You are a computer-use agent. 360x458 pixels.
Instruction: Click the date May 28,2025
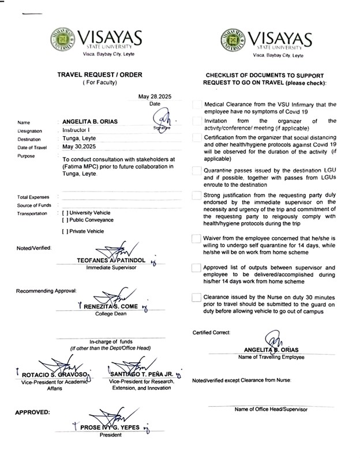pyautogui.click(x=155, y=96)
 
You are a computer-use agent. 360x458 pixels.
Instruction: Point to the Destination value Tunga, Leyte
pyautogui.click(x=80, y=139)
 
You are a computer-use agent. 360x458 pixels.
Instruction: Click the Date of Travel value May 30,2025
pyautogui.click(x=81, y=147)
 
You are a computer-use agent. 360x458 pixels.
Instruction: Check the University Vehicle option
pyautogui.click(x=65, y=213)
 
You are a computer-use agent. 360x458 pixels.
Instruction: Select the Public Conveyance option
pyautogui.click(x=65, y=220)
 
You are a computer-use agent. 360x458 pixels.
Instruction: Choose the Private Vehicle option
pyautogui.click(x=65, y=231)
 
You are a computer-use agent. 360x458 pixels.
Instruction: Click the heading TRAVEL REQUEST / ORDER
pyautogui.click(x=99, y=75)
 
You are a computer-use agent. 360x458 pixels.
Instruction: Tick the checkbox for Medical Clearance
pyautogui.click(x=196, y=104)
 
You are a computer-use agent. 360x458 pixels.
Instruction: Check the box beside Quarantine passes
pyautogui.click(x=196, y=171)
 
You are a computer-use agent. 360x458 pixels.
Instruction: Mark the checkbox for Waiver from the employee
pyautogui.click(x=196, y=239)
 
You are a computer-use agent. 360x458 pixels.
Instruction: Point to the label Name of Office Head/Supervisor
pyautogui.click(x=270, y=409)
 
